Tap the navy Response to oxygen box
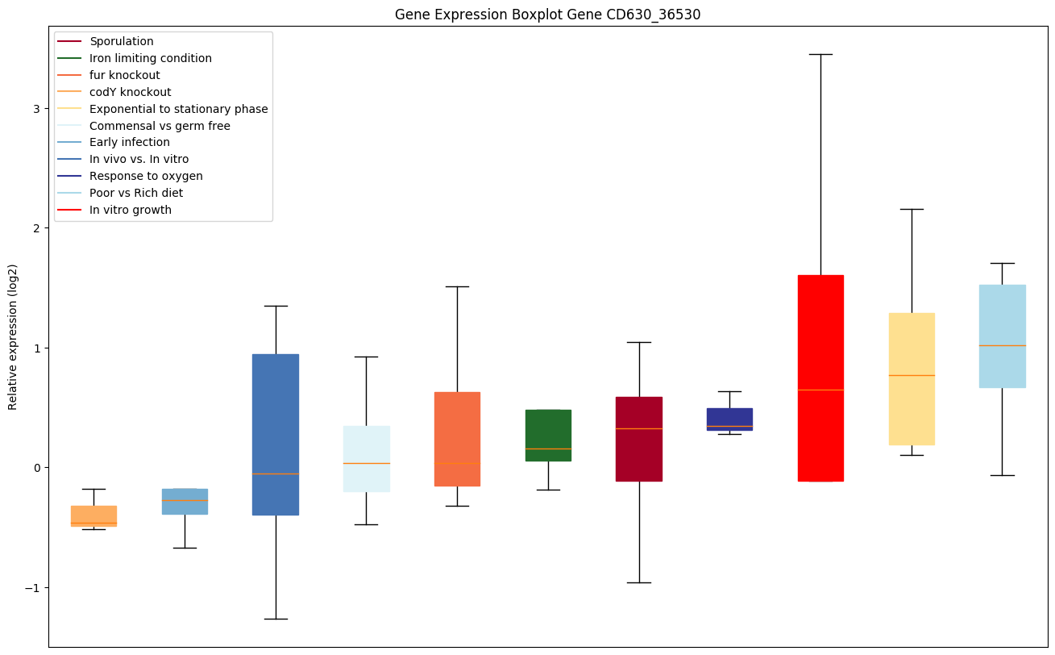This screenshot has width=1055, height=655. tap(729, 419)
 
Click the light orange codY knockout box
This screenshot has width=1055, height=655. tap(93, 515)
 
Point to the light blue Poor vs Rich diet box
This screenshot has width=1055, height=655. tap(1002, 336)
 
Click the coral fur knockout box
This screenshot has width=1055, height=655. tap(457, 439)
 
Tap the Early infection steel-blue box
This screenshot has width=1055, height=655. tap(185, 501)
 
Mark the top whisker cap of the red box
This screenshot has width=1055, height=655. tap(820, 54)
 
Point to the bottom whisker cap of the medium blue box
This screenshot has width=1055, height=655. tap(276, 619)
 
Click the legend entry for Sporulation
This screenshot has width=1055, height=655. tap(122, 41)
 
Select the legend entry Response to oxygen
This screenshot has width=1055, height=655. tap(146, 176)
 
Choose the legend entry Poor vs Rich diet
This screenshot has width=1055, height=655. tap(136, 193)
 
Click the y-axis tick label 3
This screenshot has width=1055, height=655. tap(36, 109)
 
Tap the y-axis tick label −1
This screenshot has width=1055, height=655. tap(33, 587)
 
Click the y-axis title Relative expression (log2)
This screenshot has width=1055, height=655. tap(13, 336)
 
